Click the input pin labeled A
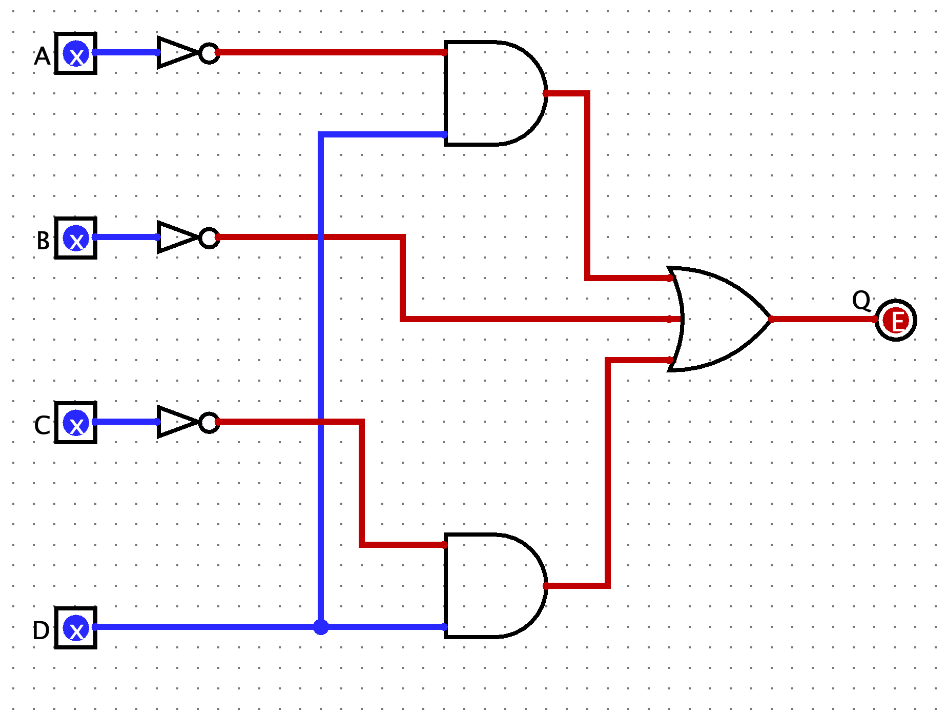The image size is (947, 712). (76, 53)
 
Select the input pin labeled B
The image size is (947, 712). (76, 238)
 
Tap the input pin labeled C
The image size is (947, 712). (76, 423)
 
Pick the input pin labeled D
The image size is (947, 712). (76, 628)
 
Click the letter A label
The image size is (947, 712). (42, 56)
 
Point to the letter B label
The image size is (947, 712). (43, 241)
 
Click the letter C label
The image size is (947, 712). (42, 425)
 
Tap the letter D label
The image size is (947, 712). (41, 630)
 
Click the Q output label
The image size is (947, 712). (861, 300)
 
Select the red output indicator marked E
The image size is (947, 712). (896, 321)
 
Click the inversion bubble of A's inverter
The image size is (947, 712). (209, 53)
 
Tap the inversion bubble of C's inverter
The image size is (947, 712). (209, 422)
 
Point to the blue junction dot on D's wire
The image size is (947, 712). (321, 627)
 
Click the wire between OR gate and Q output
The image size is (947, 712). (822, 319)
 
